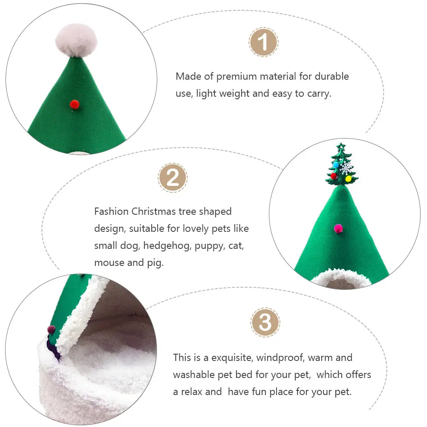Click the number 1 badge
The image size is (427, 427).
point(263,42)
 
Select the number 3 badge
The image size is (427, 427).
point(265,322)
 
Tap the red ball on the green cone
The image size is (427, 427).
point(74,103)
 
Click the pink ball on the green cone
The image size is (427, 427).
point(339,229)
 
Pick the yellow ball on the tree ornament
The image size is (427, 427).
point(348,179)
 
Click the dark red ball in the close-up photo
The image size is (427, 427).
point(51,329)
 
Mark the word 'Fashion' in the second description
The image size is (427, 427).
point(111,211)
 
